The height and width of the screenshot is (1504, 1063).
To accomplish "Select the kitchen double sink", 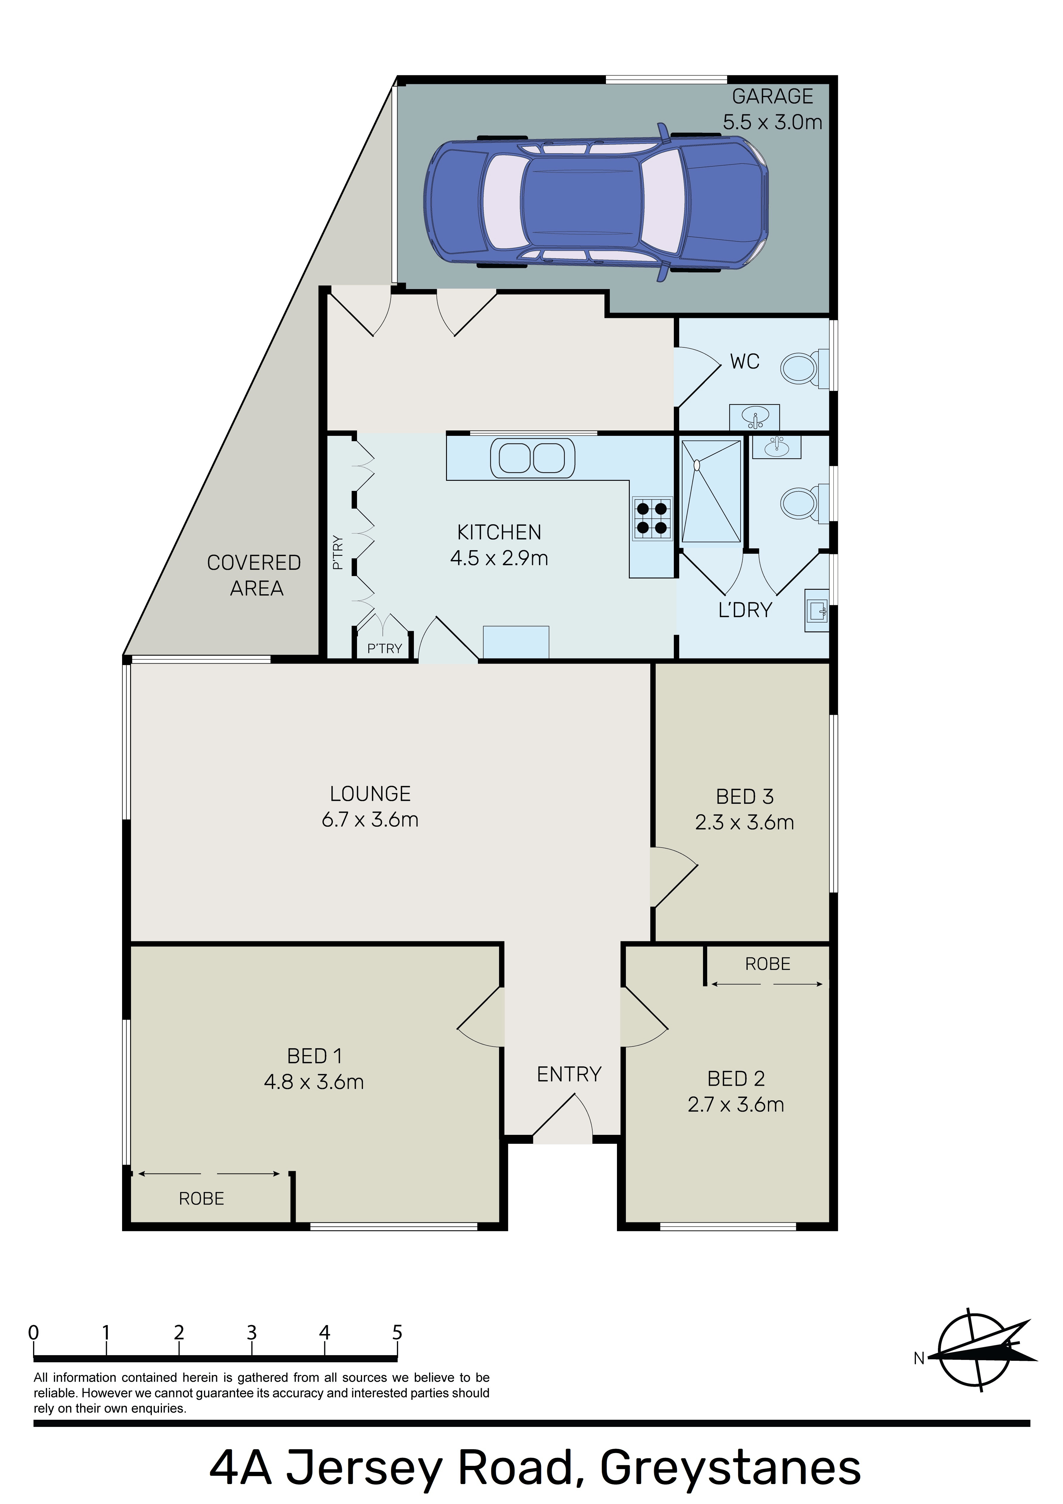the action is (532, 457).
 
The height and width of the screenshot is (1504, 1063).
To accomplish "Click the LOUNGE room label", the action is (370, 794).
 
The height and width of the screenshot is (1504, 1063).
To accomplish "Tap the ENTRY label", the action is (569, 1074).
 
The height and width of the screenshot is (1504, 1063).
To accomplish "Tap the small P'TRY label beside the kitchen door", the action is (384, 648).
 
